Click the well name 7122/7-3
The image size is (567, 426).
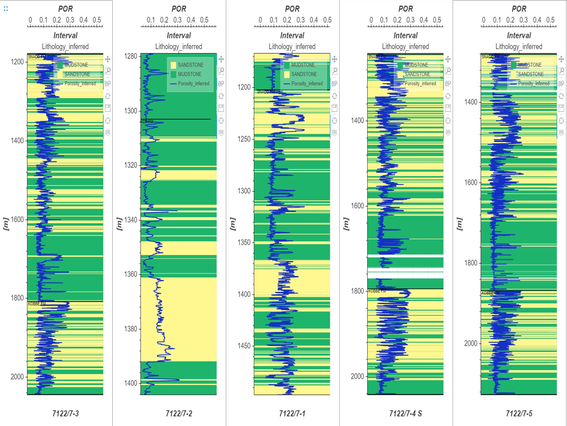point(65,413)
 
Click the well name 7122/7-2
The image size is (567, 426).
point(179,413)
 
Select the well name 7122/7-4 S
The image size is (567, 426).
point(405,413)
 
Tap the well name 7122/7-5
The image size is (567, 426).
point(519,413)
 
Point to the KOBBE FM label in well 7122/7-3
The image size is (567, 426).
point(37,303)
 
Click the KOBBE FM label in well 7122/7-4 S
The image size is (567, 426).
point(377,291)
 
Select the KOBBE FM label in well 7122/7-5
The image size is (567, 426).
point(490,293)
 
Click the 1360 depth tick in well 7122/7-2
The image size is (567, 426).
point(130,274)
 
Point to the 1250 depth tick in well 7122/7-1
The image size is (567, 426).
point(244,139)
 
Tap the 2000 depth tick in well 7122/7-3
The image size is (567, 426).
point(17,377)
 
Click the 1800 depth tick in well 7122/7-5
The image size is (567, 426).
point(471,263)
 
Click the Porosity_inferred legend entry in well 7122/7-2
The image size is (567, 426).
point(193,84)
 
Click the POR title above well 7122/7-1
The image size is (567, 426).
point(292,9)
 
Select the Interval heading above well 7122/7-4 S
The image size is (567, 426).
point(405,35)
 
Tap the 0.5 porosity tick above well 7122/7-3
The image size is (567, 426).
point(97,20)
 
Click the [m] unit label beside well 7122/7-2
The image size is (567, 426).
point(119,224)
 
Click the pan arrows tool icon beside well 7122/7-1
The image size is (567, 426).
point(334,59)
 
